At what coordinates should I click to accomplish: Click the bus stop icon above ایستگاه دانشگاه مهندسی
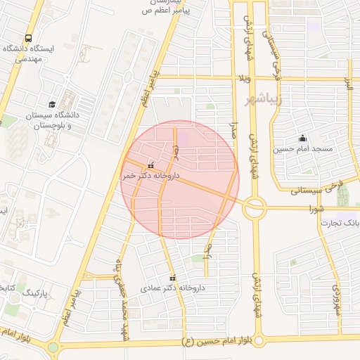point(28,38)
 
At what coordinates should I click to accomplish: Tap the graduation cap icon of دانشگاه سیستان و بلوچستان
point(53,104)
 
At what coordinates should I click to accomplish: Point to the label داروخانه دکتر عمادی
point(169,288)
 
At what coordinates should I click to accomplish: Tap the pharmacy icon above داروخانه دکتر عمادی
point(173,278)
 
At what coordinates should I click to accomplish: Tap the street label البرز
point(347,84)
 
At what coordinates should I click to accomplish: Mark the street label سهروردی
point(337,298)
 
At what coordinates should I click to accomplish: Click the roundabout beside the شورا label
point(254,208)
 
